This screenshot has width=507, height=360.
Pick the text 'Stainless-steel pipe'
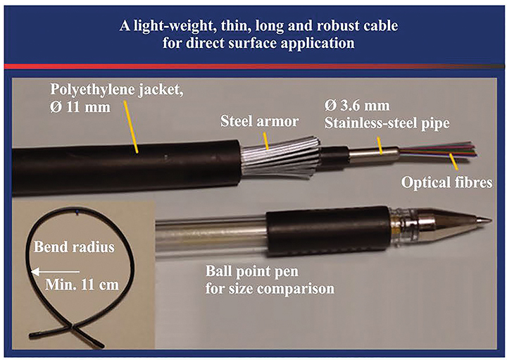click(382, 130)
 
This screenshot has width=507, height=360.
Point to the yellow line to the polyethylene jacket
click(133, 130)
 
